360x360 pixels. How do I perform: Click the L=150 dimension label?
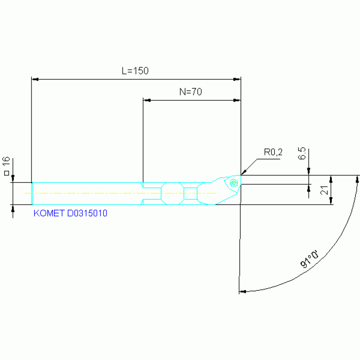(135, 71)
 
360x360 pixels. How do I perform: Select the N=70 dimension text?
(191, 92)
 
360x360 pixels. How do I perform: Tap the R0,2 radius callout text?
(273, 152)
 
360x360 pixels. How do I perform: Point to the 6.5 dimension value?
(302, 153)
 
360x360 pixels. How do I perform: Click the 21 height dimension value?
(324, 190)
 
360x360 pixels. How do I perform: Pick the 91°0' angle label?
(310, 259)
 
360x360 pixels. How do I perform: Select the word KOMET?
(49, 213)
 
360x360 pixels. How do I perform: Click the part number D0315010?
(87, 213)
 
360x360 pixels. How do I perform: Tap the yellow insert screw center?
(234, 183)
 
